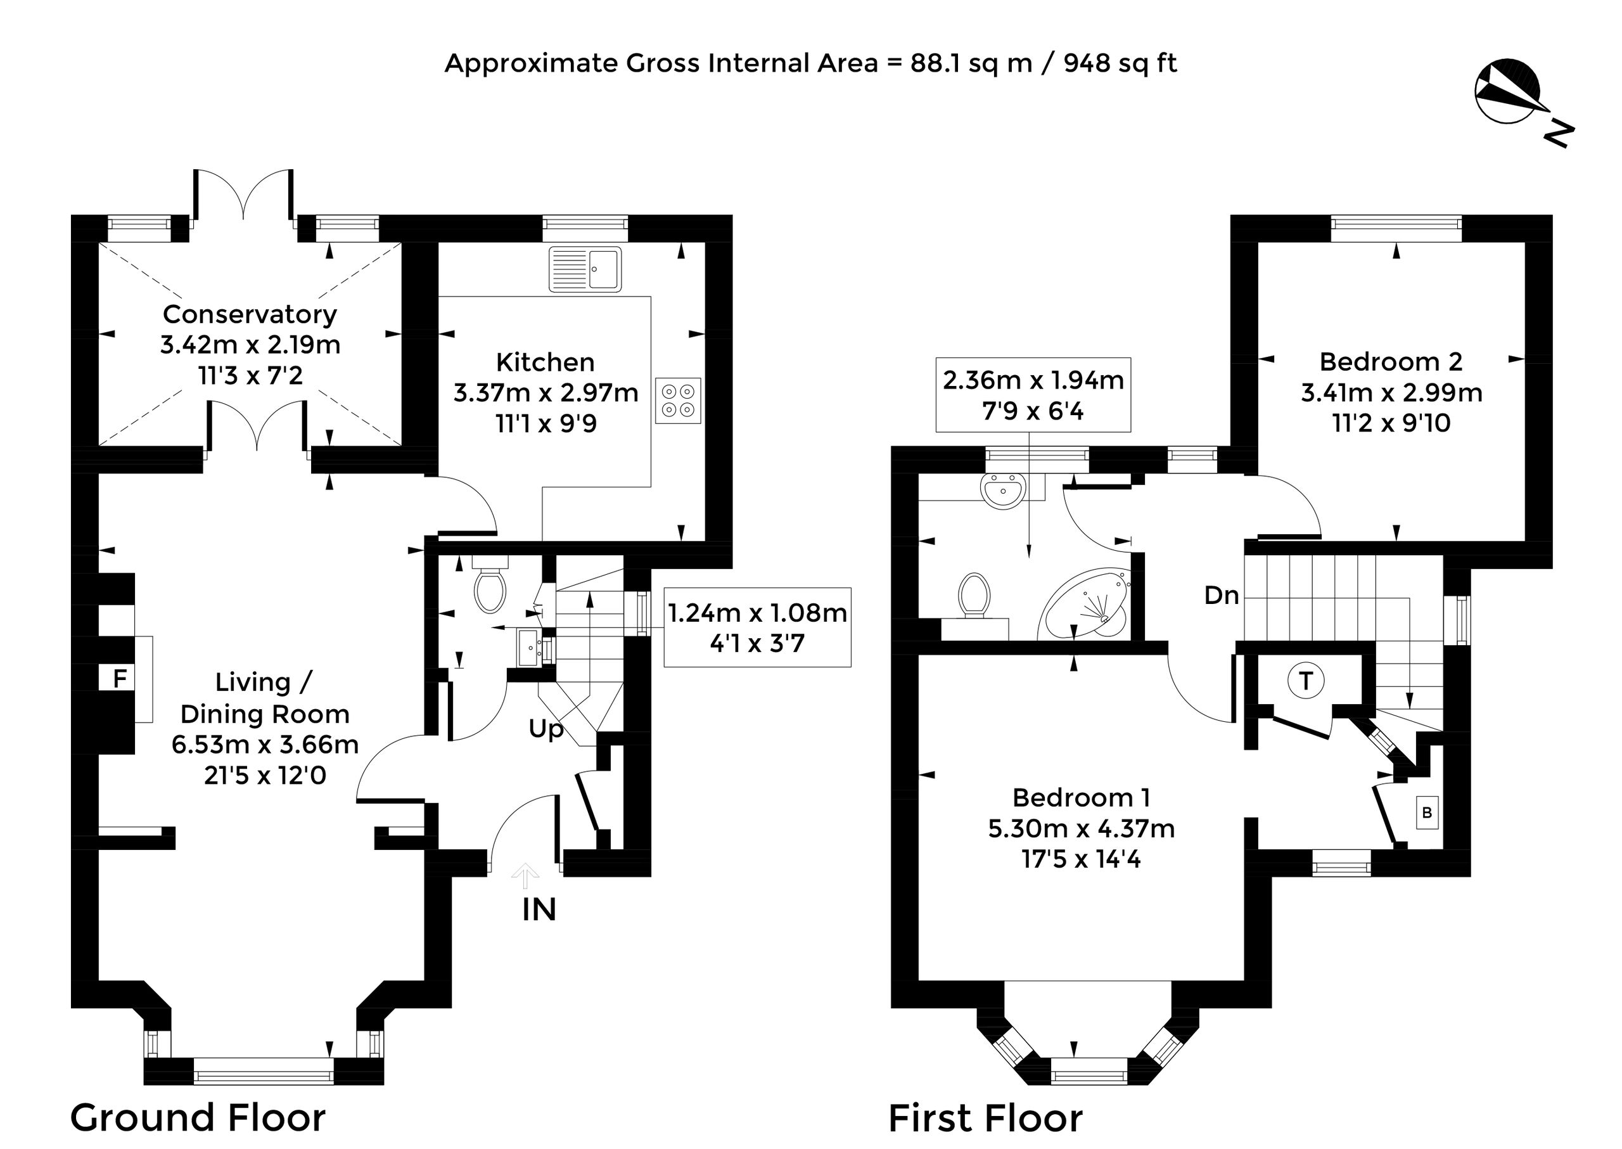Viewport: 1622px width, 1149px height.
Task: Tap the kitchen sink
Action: tap(585, 268)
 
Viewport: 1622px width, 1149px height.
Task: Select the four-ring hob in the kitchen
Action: tap(678, 401)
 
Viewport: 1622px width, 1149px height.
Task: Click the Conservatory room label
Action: tap(250, 314)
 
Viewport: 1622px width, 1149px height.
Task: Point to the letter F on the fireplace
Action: tap(120, 679)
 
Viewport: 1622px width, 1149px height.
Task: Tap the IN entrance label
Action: tap(539, 910)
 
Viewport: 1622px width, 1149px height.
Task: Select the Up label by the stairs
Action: tap(546, 729)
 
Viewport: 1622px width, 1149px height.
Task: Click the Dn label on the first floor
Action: tap(1222, 595)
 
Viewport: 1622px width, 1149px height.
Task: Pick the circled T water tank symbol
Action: tap(1306, 681)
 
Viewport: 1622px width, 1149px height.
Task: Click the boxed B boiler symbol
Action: tap(1427, 812)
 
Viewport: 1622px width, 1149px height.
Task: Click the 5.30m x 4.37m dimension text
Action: tap(1082, 828)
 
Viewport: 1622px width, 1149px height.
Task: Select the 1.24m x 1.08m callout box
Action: tap(757, 627)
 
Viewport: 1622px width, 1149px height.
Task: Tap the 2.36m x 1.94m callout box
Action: tap(1033, 395)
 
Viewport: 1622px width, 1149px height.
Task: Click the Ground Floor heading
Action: tap(198, 1119)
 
